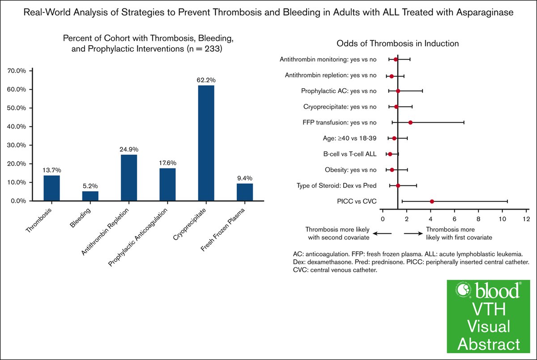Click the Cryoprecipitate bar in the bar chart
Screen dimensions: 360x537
click(206, 143)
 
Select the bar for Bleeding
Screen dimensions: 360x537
click(90, 196)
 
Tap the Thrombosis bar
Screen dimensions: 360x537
click(52, 188)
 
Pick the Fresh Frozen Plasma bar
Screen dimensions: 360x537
click(245, 192)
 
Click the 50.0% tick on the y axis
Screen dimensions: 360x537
click(19, 108)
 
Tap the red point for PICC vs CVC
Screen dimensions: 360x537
click(432, 201)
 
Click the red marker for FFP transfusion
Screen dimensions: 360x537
click(410, 122)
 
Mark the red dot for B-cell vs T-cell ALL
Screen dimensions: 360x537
click(390, 154)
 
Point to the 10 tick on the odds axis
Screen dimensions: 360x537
click(503, 219)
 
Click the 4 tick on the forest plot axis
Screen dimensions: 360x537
click(430, 219)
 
